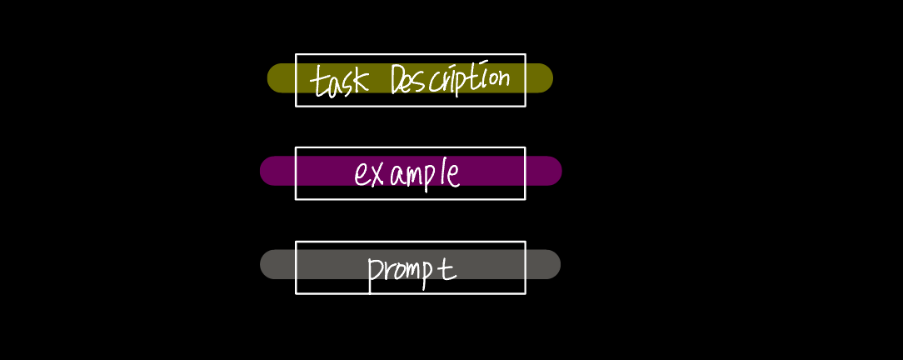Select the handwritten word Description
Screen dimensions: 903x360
point(450,81)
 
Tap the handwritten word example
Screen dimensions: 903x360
point(407,173)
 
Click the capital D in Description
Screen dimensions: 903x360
point(398,81)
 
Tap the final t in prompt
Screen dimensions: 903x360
point(448,267)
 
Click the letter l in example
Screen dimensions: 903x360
point(442,172)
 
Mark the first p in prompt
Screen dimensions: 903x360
point(374,272)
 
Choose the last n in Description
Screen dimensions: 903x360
point(502,78)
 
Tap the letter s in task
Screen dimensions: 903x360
point(347,85)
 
